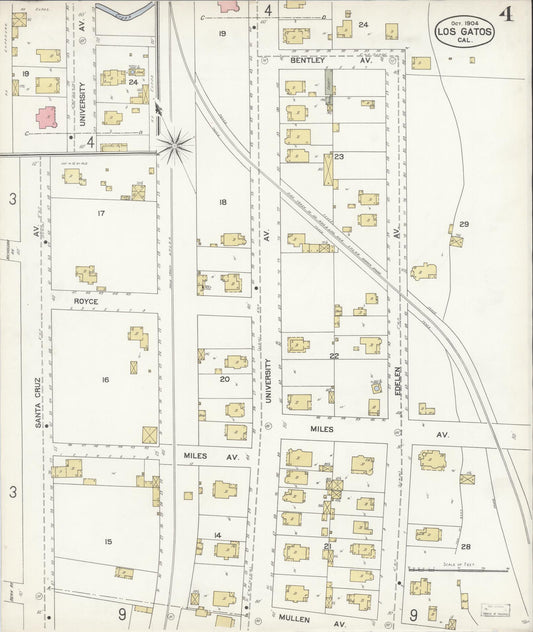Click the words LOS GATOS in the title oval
463,32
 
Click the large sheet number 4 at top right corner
507,14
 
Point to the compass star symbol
175,146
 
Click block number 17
101,213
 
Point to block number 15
107,541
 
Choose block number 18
223,202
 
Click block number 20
224,379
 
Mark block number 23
339,156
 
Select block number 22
334,355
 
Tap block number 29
464,224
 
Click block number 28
466,547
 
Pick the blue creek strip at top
126,13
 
